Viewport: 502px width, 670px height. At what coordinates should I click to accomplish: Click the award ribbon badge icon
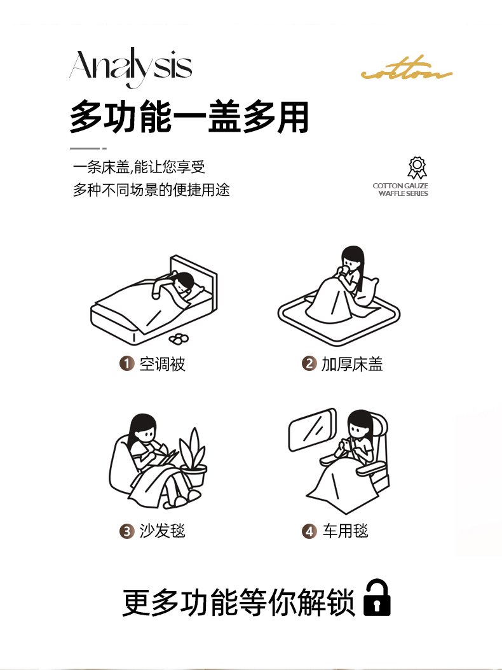tap(417, 168)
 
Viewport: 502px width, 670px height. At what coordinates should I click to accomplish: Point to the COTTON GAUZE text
tap(400, 186)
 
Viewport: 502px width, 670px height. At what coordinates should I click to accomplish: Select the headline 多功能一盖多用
tap(189, 116)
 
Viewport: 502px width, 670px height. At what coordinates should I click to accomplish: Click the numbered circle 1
tap(127, 363)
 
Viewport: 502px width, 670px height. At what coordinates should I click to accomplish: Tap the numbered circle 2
tap(309, 363)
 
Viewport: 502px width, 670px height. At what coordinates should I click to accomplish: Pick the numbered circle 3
tap(127, 531)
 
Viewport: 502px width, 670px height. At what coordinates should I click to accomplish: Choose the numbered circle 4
tap(309, 531)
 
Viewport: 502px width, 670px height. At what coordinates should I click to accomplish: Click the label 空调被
tap(162, 364)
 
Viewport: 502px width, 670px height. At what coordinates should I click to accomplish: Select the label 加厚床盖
tap(352, 364)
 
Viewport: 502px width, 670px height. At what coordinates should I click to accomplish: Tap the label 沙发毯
tap(162, 531)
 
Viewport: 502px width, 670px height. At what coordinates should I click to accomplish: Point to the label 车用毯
tap(345, 531)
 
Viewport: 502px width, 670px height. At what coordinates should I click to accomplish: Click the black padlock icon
tap(377, 597)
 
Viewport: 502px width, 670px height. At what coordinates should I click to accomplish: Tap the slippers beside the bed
tap(179, 338)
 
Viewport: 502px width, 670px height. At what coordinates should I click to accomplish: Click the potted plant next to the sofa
tap(193, 457)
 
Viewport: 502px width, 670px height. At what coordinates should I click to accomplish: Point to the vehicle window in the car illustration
tap(313, 430)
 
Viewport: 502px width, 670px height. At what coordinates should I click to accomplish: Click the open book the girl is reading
tap(166, 456)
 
